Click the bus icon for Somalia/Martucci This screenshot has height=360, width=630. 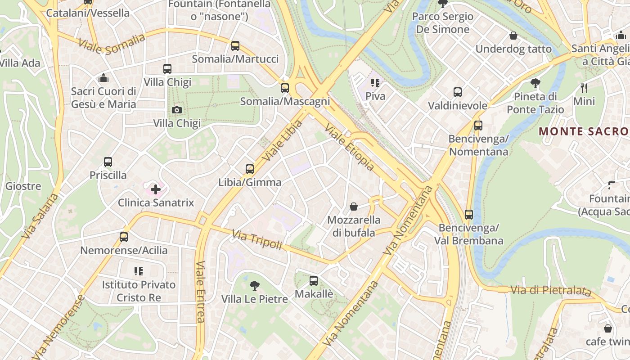point(235,45)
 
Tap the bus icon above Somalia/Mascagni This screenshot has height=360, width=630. point(285,88)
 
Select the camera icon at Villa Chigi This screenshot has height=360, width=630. point(177,110)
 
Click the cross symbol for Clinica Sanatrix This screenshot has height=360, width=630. point(156,189)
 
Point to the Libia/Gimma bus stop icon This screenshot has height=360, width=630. point(250,169)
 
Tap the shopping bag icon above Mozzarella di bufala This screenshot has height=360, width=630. point(354,207)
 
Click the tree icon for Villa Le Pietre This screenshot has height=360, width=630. point(255,285)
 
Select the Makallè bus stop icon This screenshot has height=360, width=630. point(314,281)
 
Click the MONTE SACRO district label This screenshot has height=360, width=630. point(584,131)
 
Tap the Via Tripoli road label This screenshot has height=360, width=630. point(257,240)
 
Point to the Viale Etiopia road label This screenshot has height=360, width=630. point(349,148)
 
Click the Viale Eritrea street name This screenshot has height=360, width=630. point(200,292)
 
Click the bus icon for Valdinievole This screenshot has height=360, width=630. point(458,92)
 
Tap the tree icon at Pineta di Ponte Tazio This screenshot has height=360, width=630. point(535,83)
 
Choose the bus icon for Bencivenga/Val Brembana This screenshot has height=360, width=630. point(469,214)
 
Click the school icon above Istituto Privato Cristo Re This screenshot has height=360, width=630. point(139,271)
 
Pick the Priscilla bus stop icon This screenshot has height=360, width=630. point(108,162)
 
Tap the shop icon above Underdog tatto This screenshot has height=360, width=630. point(513,36)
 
